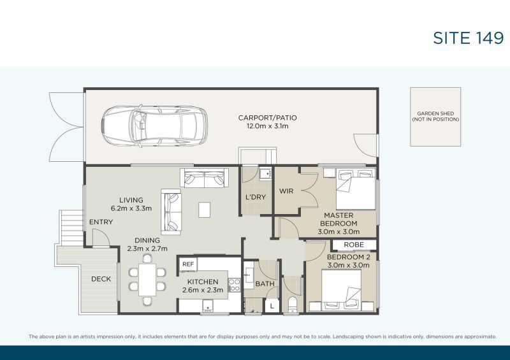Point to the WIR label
286,191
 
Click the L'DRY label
255,197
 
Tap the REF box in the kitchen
188,264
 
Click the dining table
147,279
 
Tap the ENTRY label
101,222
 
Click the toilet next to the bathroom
292,304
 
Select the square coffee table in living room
204,210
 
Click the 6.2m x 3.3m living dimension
130,208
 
